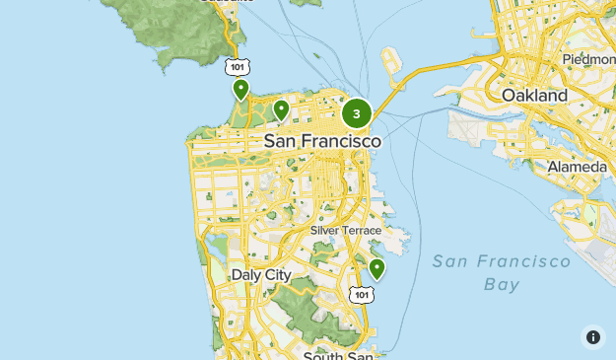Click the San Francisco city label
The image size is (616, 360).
click(322, 142)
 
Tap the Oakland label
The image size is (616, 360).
click(534, 96)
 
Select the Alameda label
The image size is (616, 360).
click(577, 167)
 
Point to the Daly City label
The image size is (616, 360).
click(260, 274)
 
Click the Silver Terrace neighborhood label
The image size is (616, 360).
click(345, 230)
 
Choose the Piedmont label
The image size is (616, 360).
click(587, 60)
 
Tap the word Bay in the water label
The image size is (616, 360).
click(502, 285)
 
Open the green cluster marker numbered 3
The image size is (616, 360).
click(357, 113)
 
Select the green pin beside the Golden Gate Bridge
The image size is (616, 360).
click(240, 90)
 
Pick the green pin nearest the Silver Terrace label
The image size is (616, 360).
click(376, 268)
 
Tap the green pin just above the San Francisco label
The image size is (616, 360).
click(281, 109)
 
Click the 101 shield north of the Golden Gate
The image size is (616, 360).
click(235, 66)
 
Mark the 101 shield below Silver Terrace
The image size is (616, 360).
click(362, 295)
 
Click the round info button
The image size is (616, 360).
click(593, 337)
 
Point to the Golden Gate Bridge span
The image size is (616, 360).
click(237, 99)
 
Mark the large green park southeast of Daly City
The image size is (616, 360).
click(296, 296)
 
